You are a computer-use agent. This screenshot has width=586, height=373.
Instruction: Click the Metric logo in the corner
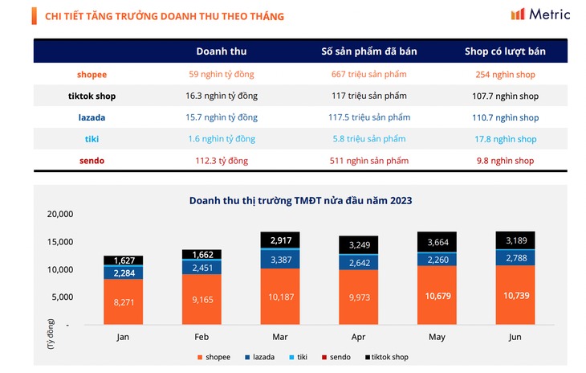click(x=540, y=14)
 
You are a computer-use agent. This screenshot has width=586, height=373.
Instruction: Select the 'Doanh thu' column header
click(x=222, y=51)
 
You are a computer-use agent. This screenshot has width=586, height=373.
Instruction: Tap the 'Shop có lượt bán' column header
click(x=505, y=51)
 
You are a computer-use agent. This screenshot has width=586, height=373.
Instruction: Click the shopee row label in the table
click(x=92, y=75)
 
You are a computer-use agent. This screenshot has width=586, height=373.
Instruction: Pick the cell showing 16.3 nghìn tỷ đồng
click(x=222, y=96)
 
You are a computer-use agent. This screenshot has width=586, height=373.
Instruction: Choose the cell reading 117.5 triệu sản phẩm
click(x=368, y=117)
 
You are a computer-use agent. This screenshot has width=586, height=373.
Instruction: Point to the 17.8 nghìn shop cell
click(x=505, y=139)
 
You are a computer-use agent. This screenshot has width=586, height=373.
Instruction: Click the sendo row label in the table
click(x=92, y=161)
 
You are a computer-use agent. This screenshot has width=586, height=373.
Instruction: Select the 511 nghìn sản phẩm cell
click(x=368, y=161)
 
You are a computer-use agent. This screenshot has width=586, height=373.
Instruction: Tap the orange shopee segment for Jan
click(x=123, y=301)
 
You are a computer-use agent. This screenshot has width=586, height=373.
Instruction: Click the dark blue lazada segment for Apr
click(x=358, y=262)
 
